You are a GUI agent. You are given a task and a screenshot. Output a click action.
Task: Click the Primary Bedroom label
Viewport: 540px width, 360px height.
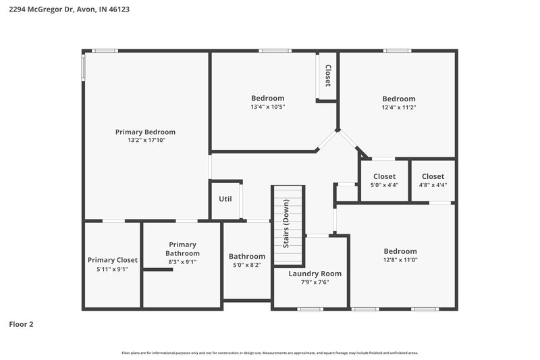[145, 132]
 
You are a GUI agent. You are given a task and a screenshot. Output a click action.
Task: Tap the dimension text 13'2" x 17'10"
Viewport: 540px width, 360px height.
[145, 140]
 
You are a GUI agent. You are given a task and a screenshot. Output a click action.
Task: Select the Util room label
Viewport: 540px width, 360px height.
[225, 199]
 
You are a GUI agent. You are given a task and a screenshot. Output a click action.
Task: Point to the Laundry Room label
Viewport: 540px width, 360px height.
[315, 274]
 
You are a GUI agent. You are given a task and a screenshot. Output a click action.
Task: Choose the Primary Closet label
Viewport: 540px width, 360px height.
[112, 260]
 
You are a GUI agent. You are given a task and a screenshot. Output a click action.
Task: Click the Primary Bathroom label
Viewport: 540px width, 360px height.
[182, 249]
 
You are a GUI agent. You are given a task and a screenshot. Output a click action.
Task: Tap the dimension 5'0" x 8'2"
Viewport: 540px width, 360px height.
[246, 265]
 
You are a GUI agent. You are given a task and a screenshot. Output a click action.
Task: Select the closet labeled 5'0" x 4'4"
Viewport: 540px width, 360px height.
[383, 180]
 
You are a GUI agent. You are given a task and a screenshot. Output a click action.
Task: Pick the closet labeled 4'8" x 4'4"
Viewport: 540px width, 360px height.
[433, 180]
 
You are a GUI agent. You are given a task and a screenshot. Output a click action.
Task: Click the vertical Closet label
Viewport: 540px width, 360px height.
[327, 76]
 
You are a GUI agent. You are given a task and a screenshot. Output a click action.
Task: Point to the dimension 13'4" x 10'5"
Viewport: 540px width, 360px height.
[268, 107]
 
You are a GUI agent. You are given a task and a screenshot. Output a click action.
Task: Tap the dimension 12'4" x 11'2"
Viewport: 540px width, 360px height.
[398, 107]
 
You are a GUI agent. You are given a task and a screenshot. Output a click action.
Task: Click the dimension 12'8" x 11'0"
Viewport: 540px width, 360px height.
[400, 260]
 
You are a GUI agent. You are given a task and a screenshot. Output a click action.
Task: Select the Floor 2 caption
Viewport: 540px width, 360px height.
[21, 324]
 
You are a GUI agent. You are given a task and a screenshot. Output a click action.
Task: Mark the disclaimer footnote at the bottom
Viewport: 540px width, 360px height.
[269, 353]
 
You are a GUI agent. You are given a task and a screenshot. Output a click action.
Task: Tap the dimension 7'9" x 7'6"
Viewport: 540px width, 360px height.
[315, 282]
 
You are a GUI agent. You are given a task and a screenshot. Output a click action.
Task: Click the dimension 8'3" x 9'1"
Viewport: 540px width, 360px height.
[182, 262]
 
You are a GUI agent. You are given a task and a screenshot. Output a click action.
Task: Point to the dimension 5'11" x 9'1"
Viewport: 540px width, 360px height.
[112, 269]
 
